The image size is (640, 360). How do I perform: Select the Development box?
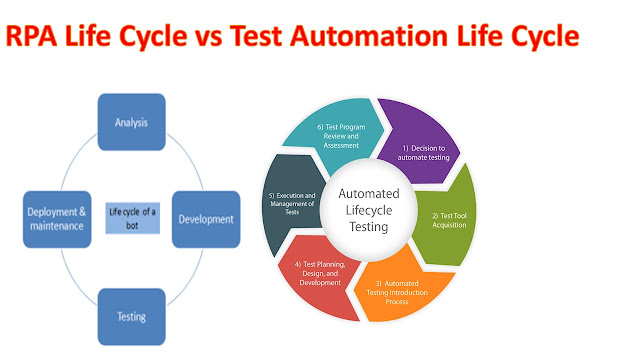point(206,218)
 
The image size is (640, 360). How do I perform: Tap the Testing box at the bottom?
point(132,316)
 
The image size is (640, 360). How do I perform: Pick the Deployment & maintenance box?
point(56,218)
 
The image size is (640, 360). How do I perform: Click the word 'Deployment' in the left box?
point(53,211)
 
